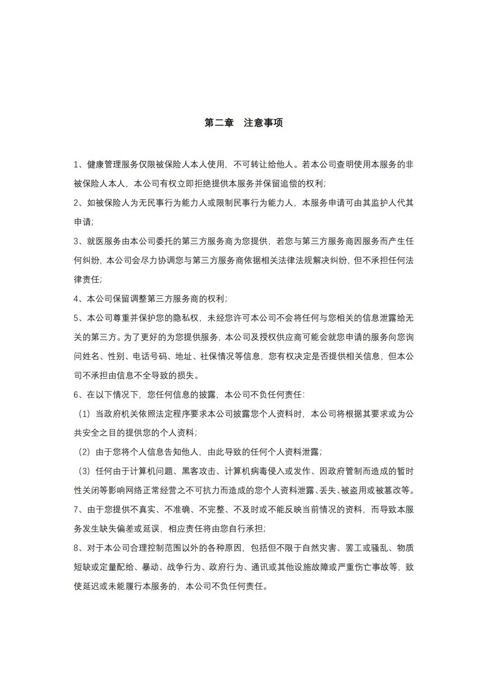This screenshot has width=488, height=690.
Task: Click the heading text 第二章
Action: pyautogui.click(x=219, y=123)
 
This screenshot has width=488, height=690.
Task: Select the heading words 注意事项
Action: pyautogui.click(x=263, y=123)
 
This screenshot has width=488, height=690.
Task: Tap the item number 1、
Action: pyautogui.click(x=79, y=164)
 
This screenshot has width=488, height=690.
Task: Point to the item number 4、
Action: pyautogui.click(x=79, y=299)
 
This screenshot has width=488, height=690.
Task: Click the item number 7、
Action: pyautogui.click(x=79, y=510)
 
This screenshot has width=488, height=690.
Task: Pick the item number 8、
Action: pyautogui.click(x=79, y=548)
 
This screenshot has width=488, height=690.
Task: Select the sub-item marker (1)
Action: pyautogui.click(x=84, y=414)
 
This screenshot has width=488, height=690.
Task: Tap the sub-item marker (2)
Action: pyautogui.click(x=84, y=452)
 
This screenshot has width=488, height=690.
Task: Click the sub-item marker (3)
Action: pyautogui.click(x=84, y=471)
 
